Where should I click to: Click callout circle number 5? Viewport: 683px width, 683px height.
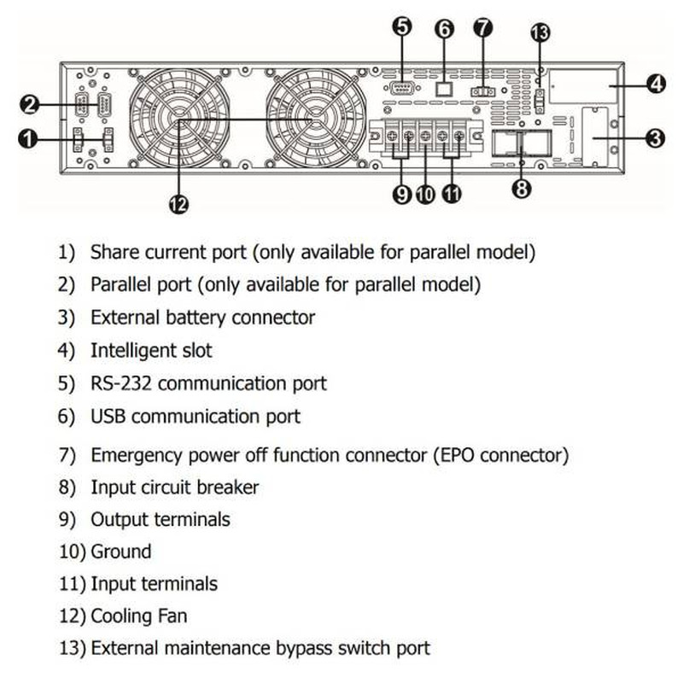pos(402,27)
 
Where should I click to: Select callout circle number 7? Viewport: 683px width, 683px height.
pos(482,27)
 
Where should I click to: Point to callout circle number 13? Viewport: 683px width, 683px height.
pos(540,33)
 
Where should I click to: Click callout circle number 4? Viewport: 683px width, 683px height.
pos(656,84)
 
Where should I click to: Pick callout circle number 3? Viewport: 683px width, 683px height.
pos(656,137)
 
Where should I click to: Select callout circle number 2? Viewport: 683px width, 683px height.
pos(30,105)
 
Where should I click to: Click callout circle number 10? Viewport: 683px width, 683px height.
pos(426,195)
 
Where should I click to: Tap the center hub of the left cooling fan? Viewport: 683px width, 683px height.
pos(180,121)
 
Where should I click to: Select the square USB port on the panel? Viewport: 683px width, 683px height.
pos(443,87)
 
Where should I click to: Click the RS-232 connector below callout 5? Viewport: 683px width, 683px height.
pos(401,88)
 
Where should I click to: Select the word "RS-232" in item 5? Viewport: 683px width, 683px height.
pos(122,383)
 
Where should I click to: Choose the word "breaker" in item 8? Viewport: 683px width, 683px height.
pos(227,487)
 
